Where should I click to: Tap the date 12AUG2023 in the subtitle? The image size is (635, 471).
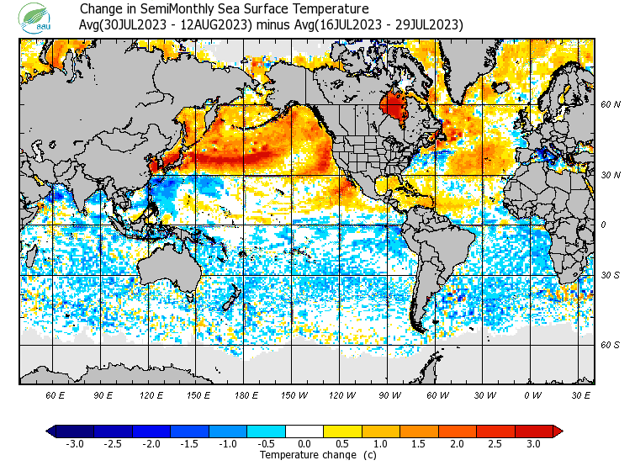(x=215, y=25)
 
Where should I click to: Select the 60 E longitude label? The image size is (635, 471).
(x=56, y=394)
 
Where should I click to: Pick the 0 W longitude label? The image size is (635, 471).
(x=532, y=394)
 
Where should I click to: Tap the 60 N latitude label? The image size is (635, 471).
(x=611, y=105)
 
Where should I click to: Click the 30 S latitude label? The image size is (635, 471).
(x=611, y=275)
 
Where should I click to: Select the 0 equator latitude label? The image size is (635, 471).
(x=603, y=225)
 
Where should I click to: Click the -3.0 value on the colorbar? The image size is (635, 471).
(x=75, y=443)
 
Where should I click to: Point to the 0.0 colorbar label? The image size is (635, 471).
(x=304, y=443)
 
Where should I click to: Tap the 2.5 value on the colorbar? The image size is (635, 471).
(x=495, y=443)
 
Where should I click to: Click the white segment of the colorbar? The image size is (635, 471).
(x=304, y=431)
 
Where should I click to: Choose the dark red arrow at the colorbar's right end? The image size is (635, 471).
(x=557, y=431)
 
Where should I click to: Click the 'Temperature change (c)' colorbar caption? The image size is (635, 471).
(x=305, y=455)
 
